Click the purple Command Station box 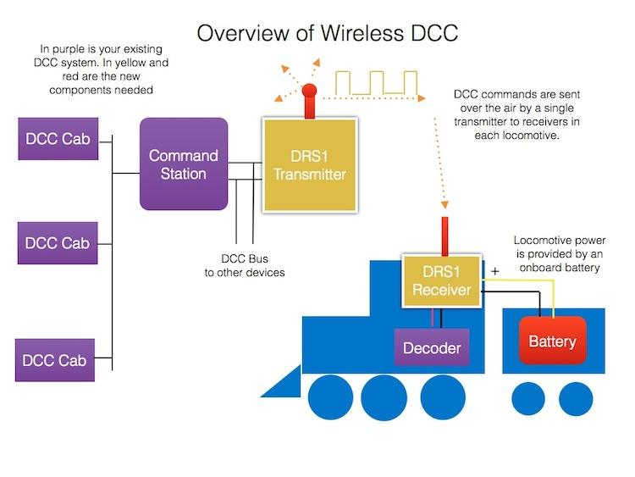(x=184, y=164)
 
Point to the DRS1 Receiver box (x=439, y=281)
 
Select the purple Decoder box (x=431, y=348)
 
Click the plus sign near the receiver (x=494, y=271)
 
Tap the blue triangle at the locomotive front (x=281, y=386)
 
